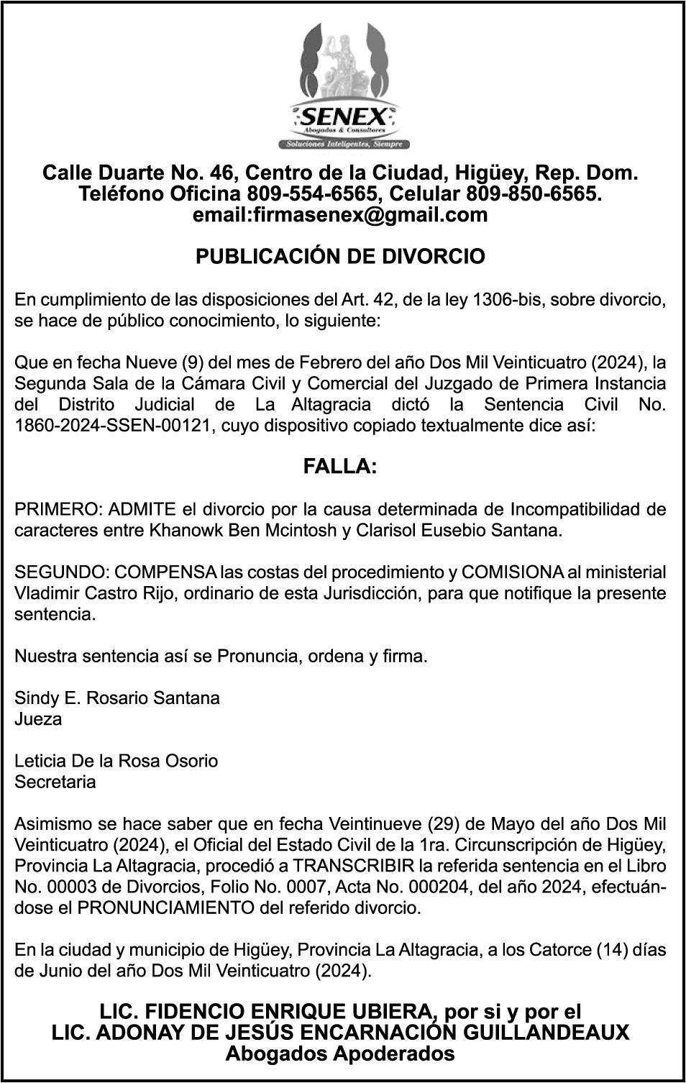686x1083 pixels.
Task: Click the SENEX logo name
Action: coord(344,115)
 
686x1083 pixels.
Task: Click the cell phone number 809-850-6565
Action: coord(531,194)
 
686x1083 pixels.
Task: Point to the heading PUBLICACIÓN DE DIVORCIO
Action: coord(340,257)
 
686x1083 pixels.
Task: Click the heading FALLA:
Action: coord(340,467)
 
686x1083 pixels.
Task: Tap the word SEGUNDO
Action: coord(62,572)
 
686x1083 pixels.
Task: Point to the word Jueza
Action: coord(38,719)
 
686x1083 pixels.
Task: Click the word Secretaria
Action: coord(55,782)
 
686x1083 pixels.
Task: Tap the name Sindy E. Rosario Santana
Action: coord(117,698)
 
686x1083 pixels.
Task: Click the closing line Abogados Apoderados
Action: coord(340,1054)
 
